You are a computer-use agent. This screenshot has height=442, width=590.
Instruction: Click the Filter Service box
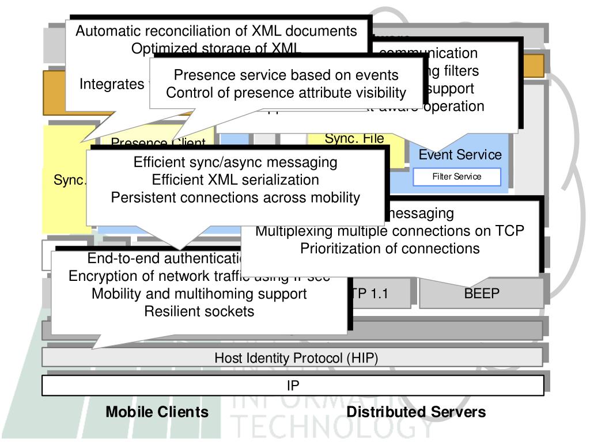[457, 177]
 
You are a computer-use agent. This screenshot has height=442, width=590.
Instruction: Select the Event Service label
[460, 155]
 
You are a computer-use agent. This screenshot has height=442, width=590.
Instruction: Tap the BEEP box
[481, 294]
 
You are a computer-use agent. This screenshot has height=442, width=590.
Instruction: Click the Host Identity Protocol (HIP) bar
[296, 358]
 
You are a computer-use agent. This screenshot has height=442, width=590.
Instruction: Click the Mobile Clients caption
[157, 412]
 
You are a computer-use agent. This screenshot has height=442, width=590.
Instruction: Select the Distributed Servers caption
[416, 412]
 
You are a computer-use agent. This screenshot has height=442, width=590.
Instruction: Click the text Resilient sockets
[199, 312]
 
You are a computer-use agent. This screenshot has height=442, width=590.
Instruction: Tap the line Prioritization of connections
[389, 249]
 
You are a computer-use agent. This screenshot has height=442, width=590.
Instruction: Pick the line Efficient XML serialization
[235, 180]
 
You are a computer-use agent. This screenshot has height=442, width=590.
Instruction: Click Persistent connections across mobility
[235, 197]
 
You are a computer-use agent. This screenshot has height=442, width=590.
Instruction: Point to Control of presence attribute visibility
[286, 93]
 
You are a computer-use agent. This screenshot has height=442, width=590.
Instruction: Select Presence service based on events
[286, 75]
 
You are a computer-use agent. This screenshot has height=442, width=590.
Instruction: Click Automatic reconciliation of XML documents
[217, 31]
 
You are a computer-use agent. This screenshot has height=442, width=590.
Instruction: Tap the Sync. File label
[354, 139]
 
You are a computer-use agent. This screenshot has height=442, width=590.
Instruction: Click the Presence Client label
[157, 142]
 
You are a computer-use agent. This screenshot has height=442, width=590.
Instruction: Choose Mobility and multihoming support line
[199, 294]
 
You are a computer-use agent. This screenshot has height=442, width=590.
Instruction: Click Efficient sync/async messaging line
[235, 163]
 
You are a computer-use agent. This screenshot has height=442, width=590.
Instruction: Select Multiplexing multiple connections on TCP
[389, 231]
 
